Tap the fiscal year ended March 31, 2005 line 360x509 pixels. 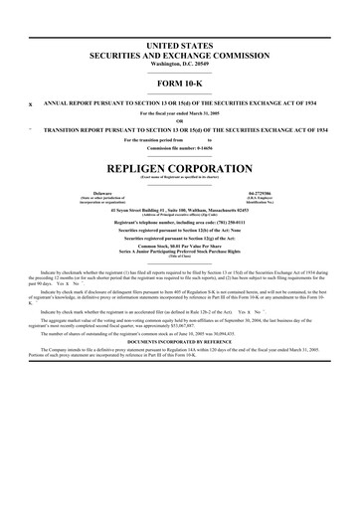180,112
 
